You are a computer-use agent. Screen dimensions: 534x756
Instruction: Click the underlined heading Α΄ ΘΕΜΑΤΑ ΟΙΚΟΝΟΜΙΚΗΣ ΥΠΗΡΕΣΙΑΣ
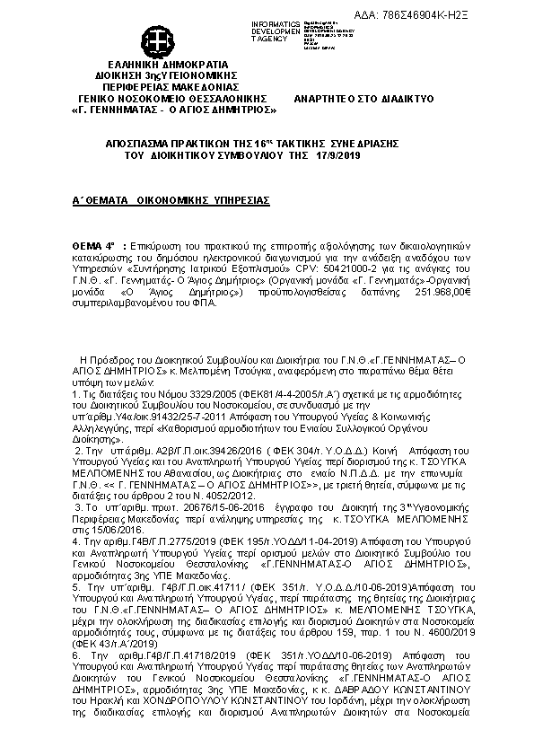tap(171, 203)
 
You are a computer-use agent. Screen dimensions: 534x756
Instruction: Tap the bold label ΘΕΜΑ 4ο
tap(93, 244)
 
